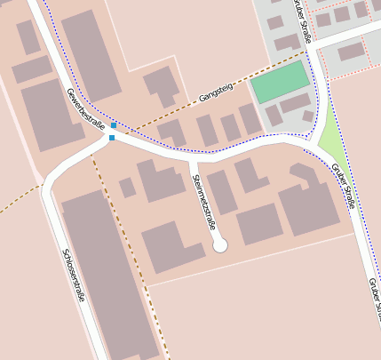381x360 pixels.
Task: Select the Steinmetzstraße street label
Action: coord(204,202)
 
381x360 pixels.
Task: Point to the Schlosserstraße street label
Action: coord(73,274)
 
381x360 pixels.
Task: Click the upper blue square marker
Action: coord(114,125)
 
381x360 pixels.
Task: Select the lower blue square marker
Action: coord(112,138)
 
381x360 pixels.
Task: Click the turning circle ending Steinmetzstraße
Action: coord(220,244)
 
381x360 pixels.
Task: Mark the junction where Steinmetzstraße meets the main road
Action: coord(192,161)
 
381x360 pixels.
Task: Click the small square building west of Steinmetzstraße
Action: coord(128,187)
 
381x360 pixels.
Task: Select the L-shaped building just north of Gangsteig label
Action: coord(162,85)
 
